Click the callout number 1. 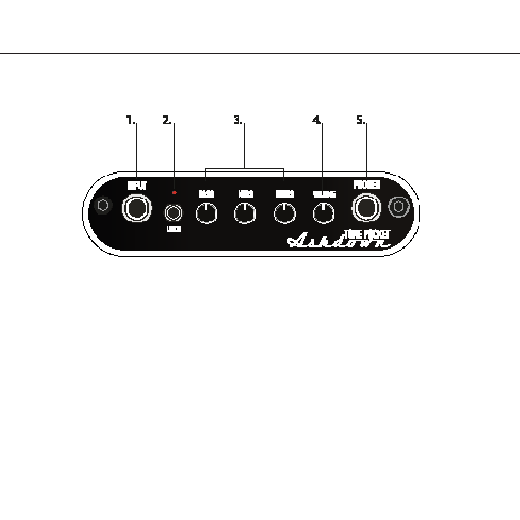coord(130,120)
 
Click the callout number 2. coord(167,120)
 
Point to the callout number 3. coord(238,120)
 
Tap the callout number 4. coord(317,120)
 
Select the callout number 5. coord(361,120)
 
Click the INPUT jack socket coord(136,208)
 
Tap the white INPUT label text coord(136,186)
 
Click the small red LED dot coord(174,193)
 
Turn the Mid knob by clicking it coord(245,213)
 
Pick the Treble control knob coord(284,213)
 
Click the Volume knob coord(323,213)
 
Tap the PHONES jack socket coord(366,207)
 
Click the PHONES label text coord(366,184)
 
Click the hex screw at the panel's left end coord(102,206)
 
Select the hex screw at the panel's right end coord(398,206)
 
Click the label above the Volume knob coord(323,194)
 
